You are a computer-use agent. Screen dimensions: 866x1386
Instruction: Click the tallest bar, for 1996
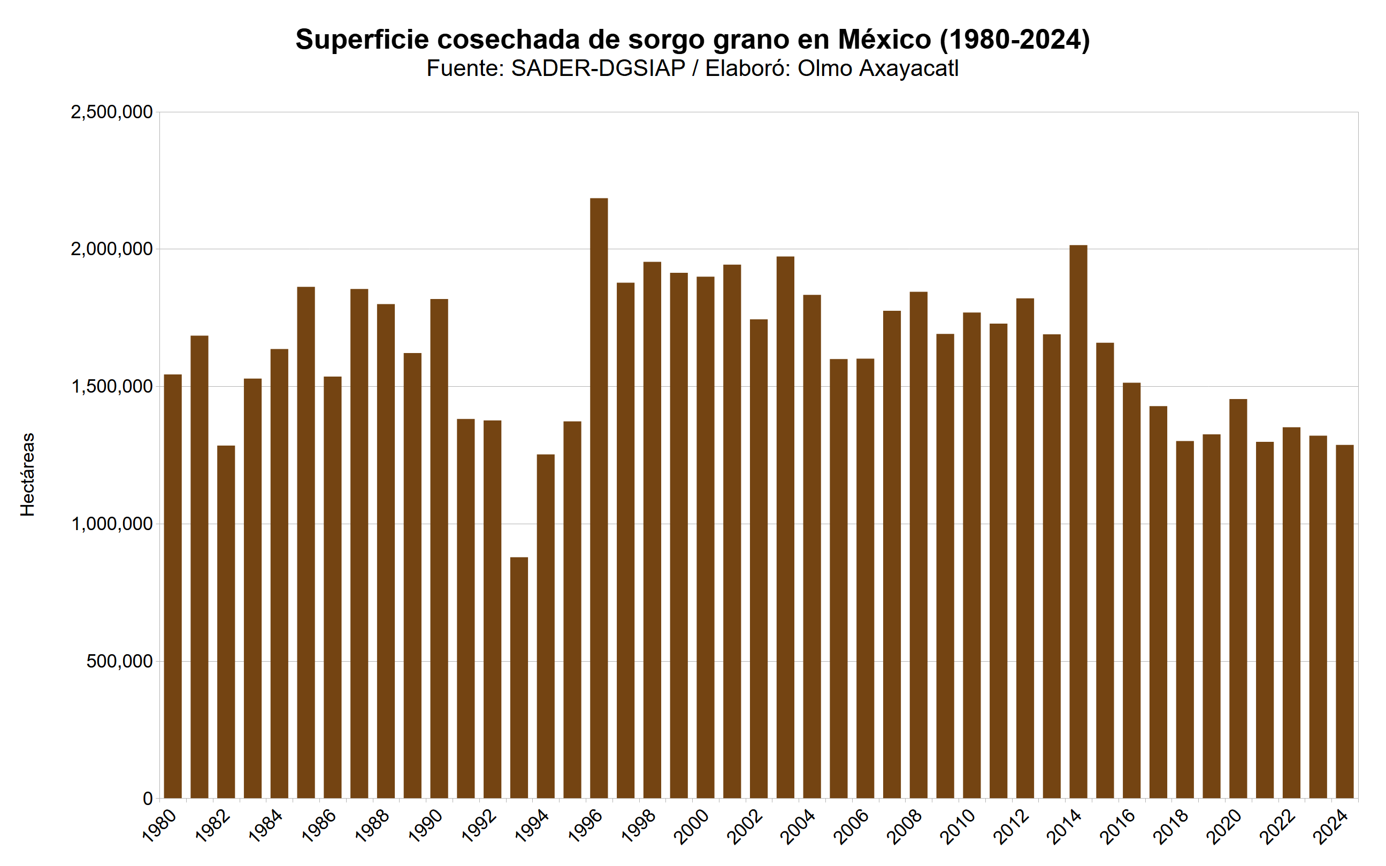(599, 499)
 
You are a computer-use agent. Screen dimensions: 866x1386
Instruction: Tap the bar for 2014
(1078, 521)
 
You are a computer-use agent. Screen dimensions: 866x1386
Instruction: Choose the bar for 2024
(1344, 622)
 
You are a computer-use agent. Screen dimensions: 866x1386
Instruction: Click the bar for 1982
(226, 622)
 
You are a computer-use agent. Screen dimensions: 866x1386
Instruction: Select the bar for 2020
(1238, 599)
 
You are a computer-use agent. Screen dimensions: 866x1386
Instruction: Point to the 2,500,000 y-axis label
(112, 112)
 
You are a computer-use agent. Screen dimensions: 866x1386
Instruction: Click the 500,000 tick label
(120, 662)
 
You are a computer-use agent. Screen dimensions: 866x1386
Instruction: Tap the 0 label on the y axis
(148, 799)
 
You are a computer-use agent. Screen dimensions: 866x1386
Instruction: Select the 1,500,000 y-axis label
(112, 387)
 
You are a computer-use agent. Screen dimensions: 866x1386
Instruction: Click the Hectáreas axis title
(27, 474)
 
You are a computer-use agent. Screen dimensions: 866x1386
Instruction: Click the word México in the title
(884, 40)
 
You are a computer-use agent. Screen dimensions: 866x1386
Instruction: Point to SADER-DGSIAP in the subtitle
(598, 68)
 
